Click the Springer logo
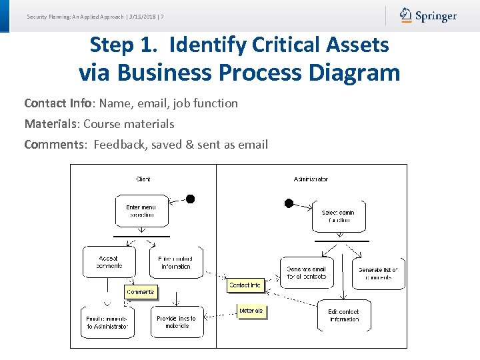(428, 15)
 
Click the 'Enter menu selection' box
(142, 211)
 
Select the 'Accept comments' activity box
(109, 262)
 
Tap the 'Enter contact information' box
(176, 262)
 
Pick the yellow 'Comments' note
(140, 292)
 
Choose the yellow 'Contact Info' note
(245, 285)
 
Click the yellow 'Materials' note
(251, 311)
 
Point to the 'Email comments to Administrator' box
(107, 322)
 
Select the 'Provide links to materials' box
(177, 322)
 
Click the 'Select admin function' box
(339, 216)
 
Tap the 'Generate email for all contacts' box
(307, 273)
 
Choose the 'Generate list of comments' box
(378, 273)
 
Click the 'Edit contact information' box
(343, 315)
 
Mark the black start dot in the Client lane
(190, 199)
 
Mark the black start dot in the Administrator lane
(289, 203)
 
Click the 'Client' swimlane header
(143, 179)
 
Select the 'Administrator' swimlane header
(311, 179)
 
